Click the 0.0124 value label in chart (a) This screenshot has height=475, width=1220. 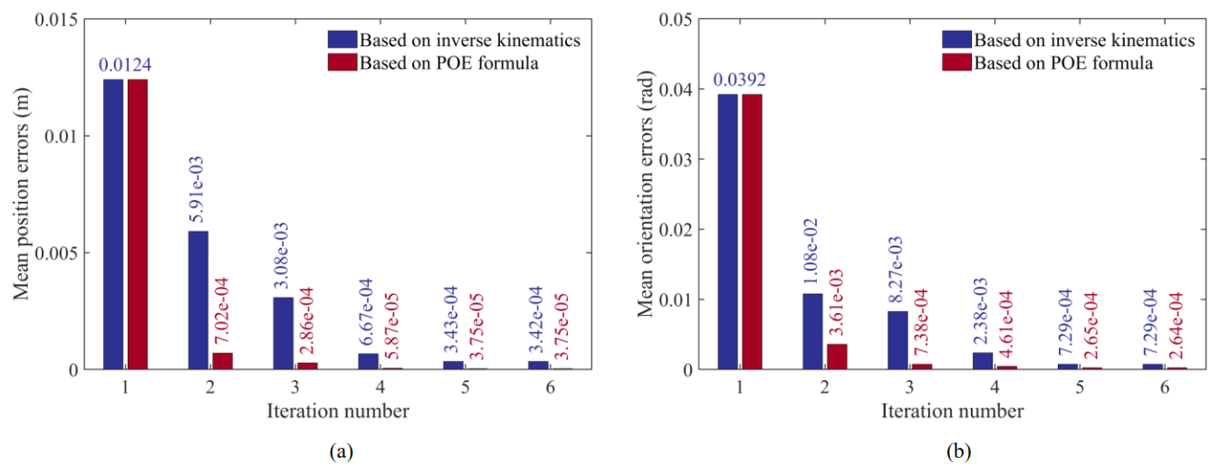(x=125, y=65)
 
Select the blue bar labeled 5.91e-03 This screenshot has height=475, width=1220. (x=198, y=300)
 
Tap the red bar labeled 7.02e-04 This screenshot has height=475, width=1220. (x=222, y=361)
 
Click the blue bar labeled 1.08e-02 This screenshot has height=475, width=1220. (x=812, y=331)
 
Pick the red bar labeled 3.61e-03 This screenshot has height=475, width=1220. (x=837, y=356)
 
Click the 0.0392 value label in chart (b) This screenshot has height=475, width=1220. (x=739, y=80)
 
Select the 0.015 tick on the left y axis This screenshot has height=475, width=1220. (x=57, y=20)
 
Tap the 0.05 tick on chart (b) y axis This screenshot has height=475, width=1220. (x=676, y=20)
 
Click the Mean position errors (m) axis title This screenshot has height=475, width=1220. (x=21, y=195)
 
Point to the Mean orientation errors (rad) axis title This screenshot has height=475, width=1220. (x=646, y=195)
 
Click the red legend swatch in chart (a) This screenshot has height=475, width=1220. (x=342, y=62)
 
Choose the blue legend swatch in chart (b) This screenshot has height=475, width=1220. (x=957, y=39)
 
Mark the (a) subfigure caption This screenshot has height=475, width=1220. (x=341, y=451)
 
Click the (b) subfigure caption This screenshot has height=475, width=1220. (x=958, y=451)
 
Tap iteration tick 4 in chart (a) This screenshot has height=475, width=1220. (x=380, y=387)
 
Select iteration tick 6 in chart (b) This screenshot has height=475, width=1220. (x=1165, y=387)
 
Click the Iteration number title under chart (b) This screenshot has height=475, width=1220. (x=952, y=411)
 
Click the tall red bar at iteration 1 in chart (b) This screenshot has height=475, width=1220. (x=752, y=232)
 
